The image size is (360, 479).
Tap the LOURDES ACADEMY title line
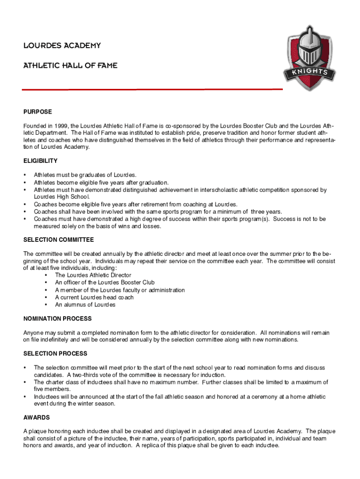(62, 46)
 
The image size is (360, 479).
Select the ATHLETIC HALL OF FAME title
(70, 66)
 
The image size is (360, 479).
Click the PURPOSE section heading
(37, 112)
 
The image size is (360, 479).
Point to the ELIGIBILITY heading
(40, 161)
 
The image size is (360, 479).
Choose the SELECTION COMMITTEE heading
(58, 240)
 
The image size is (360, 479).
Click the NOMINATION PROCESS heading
(58, 319)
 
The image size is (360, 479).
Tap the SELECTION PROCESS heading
(55, 354)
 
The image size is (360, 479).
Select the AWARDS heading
(36, 417)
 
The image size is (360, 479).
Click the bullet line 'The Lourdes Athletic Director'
(93, 276)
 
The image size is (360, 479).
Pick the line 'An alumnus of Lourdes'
(85, 305)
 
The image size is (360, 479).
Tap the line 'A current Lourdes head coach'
(94, 298)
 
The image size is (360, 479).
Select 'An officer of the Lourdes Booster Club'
(105, 283)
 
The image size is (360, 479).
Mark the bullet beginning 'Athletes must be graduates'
(85, 175)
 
